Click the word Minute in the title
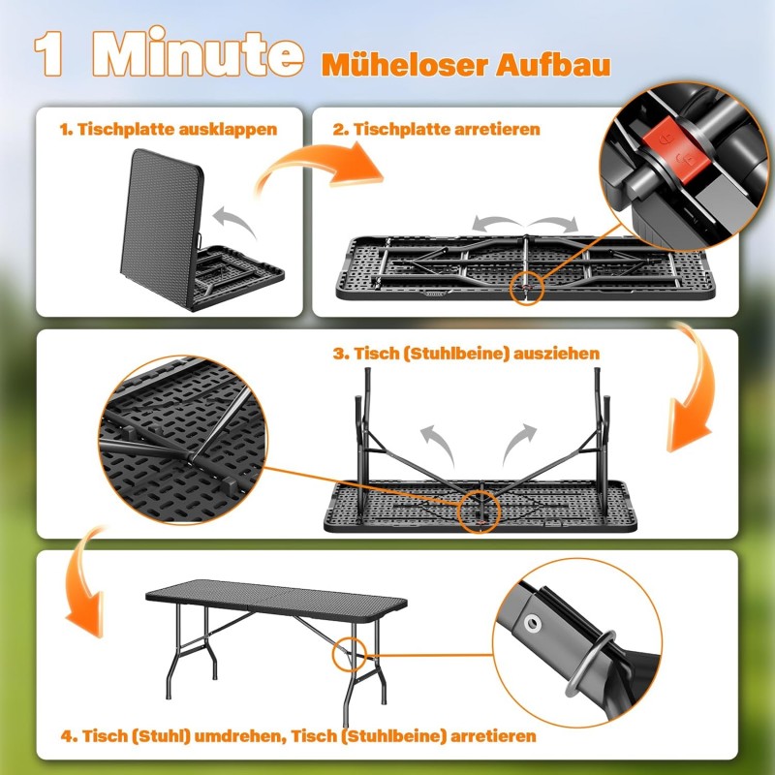(x=198, y=53)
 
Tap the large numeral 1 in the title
(x=48, y=53)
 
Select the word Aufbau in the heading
(x=553, y=64)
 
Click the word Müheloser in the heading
(x=405, y=64)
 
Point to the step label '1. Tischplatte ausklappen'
(x=169, y=130)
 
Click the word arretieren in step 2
(x=497, y=130)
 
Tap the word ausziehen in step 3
(x=556, y=354)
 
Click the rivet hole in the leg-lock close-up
(x=533, y=624)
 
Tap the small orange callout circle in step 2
(x=527, y=288)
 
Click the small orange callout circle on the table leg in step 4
(x=350, y=655)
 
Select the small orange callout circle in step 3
(x=479, y=512)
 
